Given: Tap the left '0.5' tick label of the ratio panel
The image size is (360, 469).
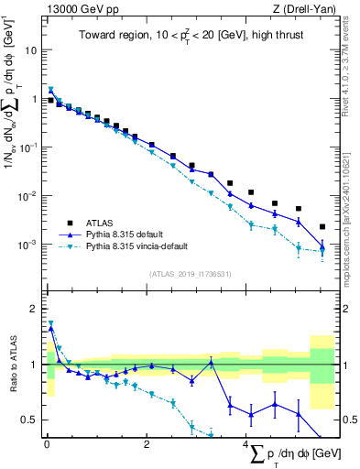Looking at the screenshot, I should click(x=30, y=420).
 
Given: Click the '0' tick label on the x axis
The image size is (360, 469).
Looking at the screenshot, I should click(x=47, y=445).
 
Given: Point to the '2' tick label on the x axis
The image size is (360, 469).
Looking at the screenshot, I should click(x=147, y=445).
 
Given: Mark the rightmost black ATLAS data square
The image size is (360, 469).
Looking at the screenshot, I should click(x=322, y=226).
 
